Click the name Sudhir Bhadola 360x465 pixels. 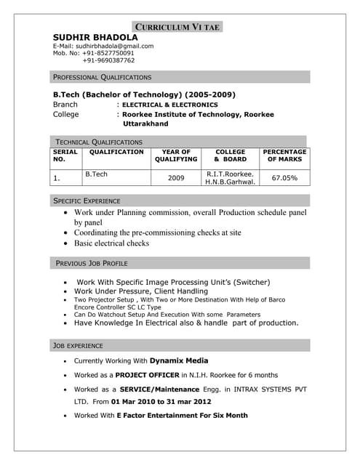95,38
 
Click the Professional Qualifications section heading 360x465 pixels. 103,76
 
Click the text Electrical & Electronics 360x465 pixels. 169,105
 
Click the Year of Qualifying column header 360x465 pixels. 176,155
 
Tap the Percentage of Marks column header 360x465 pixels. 285,155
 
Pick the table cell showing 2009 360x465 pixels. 176,177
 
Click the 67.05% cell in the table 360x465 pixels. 284,177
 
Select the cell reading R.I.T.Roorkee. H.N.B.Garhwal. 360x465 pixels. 231,178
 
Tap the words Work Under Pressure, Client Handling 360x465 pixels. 141,291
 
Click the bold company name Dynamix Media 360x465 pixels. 179,360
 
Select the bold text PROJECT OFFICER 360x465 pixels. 145,375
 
